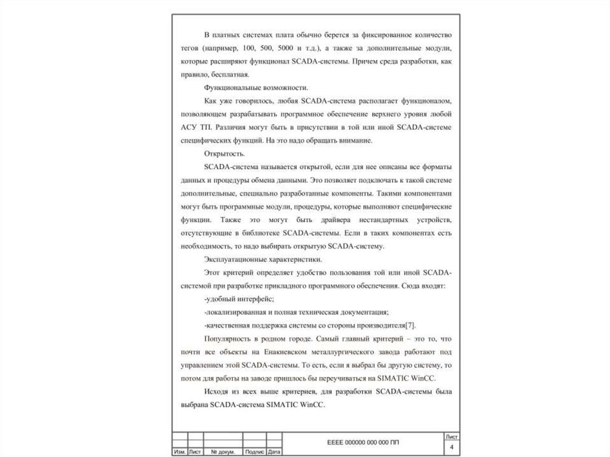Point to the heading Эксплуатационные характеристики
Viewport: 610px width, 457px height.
coord(263,260)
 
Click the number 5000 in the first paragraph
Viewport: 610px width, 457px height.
coord(287,48)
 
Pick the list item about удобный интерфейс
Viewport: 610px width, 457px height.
coord(238,299)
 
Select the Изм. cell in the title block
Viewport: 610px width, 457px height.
coord(179,452)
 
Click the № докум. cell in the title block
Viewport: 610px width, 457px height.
coord(222,452)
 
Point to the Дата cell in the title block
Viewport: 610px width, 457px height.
coord(275,452)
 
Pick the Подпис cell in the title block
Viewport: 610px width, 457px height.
coord(254,452)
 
